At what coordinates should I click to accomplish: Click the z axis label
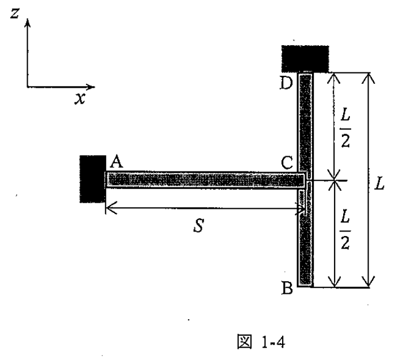click(x=15, y=13)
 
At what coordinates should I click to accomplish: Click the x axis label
click(x=80, y=98)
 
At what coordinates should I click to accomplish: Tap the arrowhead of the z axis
click(x=27, y=23)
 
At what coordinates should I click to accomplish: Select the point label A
click(x=116, y=162)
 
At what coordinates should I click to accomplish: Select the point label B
click(x=287, y=288)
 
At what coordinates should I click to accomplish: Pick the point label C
click(x=287, y=163)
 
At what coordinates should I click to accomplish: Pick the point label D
click(x=286, y=83)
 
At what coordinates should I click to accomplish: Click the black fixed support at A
click(x=93, y=179)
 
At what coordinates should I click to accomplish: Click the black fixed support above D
click(x=305, y=59)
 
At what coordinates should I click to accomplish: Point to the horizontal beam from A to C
click(x=205, y=181)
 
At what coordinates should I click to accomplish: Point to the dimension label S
click(x=198, y=226)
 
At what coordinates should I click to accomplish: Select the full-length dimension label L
click(x=379, y=183)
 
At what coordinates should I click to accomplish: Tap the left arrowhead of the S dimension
click(x=111, y=208)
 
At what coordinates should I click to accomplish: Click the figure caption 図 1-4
click(x=261, y=342)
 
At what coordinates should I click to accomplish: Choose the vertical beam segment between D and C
click(x=305, y=123)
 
